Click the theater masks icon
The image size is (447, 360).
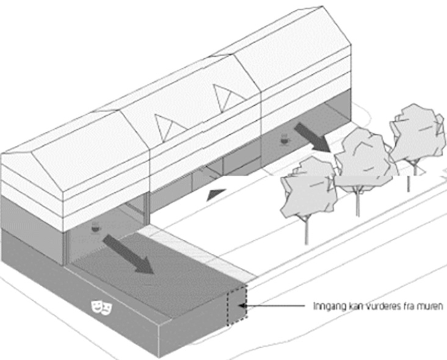[x=101, y=307]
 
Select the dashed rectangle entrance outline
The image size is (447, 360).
[x=237, y=304]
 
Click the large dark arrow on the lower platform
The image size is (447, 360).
[x=129, y=254]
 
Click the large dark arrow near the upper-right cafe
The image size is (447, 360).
[x=313, y=138]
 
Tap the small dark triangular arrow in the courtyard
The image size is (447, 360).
[x=216, y=194]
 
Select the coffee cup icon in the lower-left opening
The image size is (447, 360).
[x=96, y=227]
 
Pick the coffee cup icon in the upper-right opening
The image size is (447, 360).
[x=284, y=139]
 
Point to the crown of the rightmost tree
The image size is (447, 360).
[x=417, y=133]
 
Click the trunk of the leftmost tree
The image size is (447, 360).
[x=307, y=231]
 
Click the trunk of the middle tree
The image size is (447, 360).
[x=358, y=201]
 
